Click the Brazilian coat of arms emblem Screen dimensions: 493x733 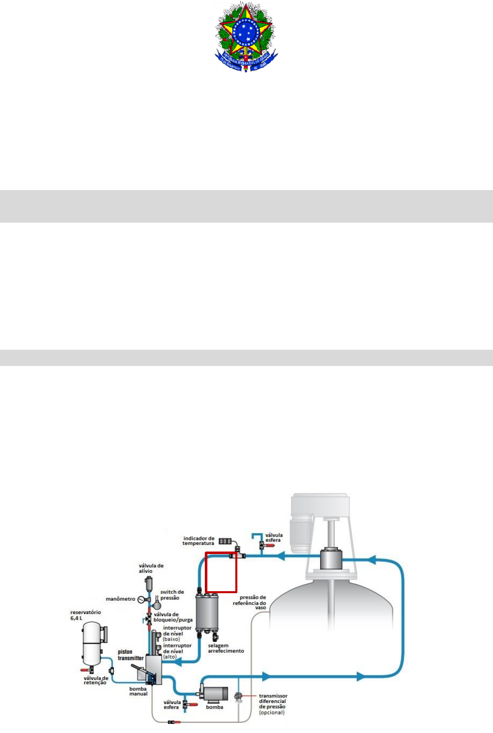click(x=246, y=37)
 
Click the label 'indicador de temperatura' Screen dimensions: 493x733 click(x=199, y=541)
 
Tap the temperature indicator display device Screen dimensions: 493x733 click(x=226, y=541)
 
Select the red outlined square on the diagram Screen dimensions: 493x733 click(x=221, y=572)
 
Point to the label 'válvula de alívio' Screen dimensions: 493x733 click(x=151, y=568)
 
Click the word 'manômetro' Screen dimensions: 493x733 click(x=120, y=599)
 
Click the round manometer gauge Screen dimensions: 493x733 click(x=141, y=600)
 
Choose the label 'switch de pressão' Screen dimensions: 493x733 click(x=172, y=595)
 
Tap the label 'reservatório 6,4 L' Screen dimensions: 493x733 click(x=85, y=615)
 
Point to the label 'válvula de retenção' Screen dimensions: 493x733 click(x=96, y=680)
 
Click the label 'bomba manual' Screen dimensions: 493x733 click(x=138, y=691)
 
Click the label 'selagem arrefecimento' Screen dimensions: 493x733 click(x=226, y=648)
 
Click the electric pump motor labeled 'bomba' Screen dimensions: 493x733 click(x=215, y=693)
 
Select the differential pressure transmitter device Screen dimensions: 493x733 click(x=238, y=697)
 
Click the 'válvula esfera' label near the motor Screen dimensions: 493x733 click(x=273, y=537)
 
